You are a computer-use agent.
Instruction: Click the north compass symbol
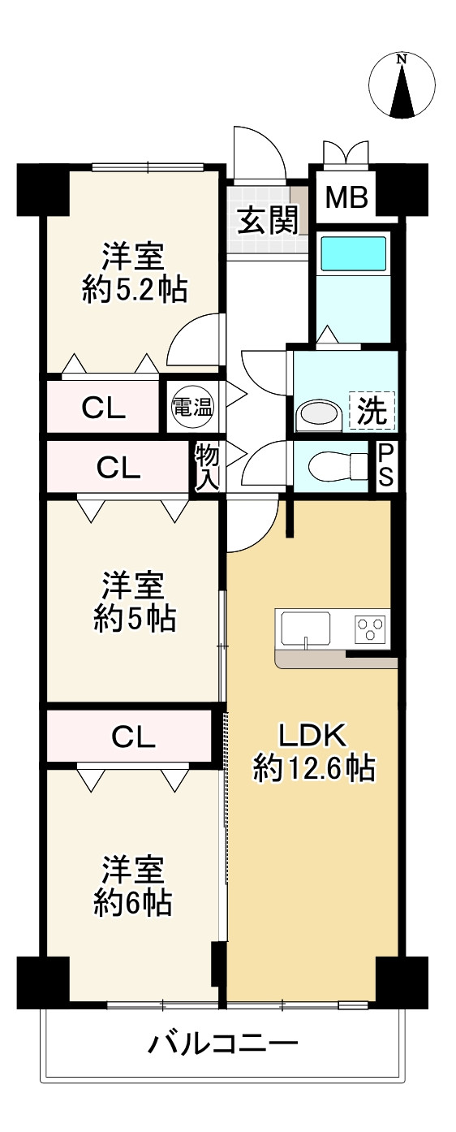tap(402, 85)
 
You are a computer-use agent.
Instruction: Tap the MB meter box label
tap(347, 197)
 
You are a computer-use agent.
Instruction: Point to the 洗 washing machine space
tap(372, 411)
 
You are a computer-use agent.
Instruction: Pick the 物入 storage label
tap(207, 466)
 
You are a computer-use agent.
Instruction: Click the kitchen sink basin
tap(305, 627)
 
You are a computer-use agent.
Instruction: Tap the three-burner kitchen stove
tap(371, 628)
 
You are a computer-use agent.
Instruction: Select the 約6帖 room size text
tap(134, 902)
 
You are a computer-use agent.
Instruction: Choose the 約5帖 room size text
tap(134, 620)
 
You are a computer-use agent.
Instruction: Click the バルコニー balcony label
tap(222, 1043)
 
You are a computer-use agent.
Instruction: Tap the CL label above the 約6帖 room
tap(134, 737)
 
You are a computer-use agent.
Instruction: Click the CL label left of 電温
tap(104, 409)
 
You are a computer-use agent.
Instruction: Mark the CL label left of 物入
tap(118, 467)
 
